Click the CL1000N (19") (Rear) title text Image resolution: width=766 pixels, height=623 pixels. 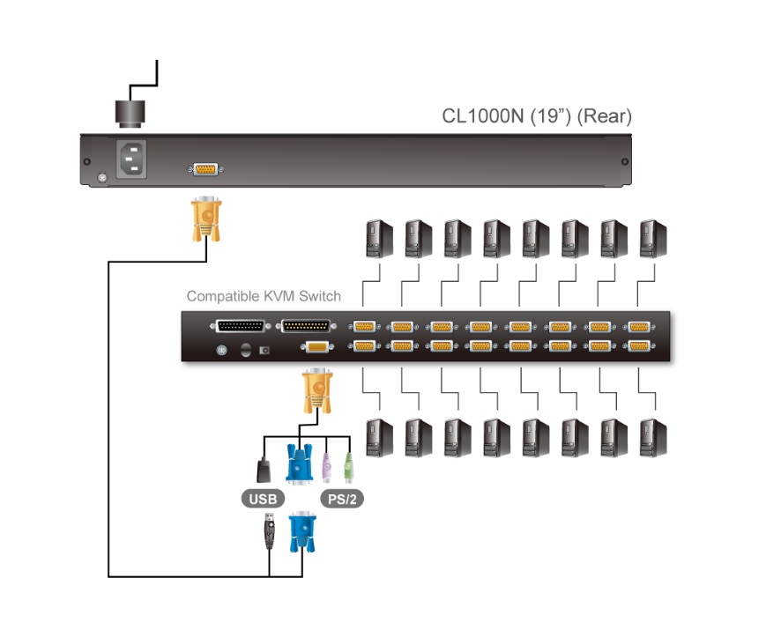537,117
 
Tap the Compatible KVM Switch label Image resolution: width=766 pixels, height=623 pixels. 264,296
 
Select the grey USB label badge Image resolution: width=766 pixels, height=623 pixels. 262,499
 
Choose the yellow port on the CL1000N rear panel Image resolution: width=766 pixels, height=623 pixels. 205,169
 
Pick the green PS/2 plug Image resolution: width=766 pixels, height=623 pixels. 348,467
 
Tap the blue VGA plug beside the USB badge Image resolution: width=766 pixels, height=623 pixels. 299,464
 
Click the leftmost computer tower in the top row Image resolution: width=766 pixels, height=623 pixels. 379,238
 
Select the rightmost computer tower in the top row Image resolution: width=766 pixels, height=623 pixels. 653,238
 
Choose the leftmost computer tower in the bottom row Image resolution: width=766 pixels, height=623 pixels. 379,437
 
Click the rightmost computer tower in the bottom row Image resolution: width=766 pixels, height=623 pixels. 653,437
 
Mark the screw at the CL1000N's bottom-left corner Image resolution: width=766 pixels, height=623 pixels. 101,179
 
